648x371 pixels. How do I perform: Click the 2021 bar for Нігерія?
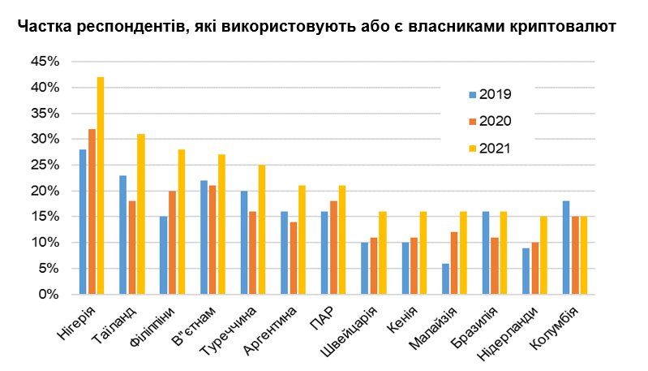tap(101, 186)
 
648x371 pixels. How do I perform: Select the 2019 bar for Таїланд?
tap(123, 235)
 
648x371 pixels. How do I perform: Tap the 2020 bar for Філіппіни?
tap(172, 243)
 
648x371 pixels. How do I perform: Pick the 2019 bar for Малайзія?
tap(445, 278)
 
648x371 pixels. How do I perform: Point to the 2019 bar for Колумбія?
tap(567, 248)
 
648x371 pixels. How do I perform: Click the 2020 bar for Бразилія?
tap(495, 266)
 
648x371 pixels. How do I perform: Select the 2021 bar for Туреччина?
tap(261, 230)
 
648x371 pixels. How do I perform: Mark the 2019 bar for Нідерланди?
tap(526, 271)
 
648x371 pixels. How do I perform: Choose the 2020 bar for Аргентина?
tap(293, 258)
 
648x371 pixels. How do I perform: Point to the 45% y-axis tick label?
tap(45, 62)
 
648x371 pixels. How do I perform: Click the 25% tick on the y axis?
tap(45, 165)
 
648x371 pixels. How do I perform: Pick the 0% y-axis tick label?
tap(49, 295)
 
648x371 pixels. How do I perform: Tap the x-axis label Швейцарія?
tap(350, 332)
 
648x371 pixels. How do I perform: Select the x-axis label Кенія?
tap(402, 320)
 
